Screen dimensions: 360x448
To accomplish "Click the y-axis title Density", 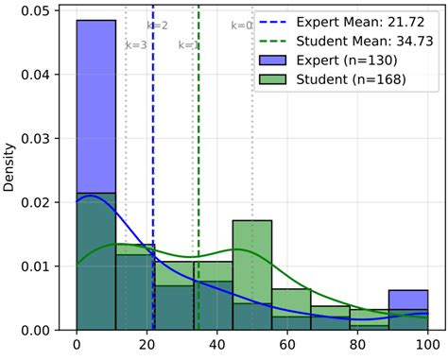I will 10,168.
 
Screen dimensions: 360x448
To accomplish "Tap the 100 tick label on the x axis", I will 428,346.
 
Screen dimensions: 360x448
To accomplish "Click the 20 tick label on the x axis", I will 147,346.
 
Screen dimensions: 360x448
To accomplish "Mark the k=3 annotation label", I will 136,45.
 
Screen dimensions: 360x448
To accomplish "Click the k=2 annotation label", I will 158,26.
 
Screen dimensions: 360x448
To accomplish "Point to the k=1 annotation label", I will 189,45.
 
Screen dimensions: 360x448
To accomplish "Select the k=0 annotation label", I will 242,26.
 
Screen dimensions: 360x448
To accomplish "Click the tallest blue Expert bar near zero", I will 95,104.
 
